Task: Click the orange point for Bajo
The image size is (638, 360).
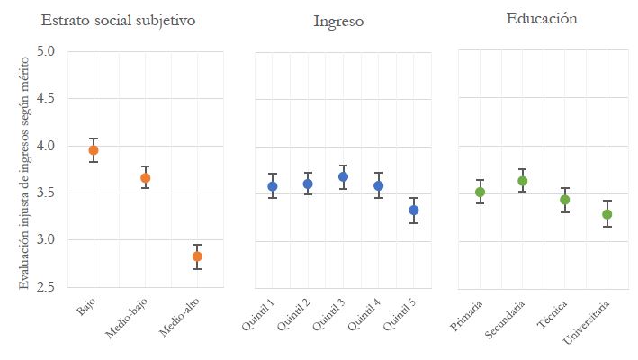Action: pyautogui.click(x=93, y=150)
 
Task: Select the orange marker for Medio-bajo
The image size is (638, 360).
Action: pyautogui.click(x=145, y=178)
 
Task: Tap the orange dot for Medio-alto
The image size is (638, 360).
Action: pyautogui.click(x=197, y=256)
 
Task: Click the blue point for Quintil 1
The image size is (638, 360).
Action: pyautogui.click(x=272, y=186)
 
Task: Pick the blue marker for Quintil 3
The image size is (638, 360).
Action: pyautogui.click(x=343, y=177)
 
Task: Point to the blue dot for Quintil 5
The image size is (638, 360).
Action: pyautogui.click(x=413, y=211)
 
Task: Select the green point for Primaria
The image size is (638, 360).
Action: pyautogui.click(x=480, y=192)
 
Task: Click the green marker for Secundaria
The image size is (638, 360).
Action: pyautogui.click(x=522, y=181)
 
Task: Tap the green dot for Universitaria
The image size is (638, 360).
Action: pyautogui.click(x=607, y=214)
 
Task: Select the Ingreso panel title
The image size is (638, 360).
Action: pyautogui.click(x=338, y=21)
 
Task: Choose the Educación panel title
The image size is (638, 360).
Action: pyautogui.click(x=542, y=18)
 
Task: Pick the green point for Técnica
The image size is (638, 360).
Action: pyautogui.click(x=564, y=200)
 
